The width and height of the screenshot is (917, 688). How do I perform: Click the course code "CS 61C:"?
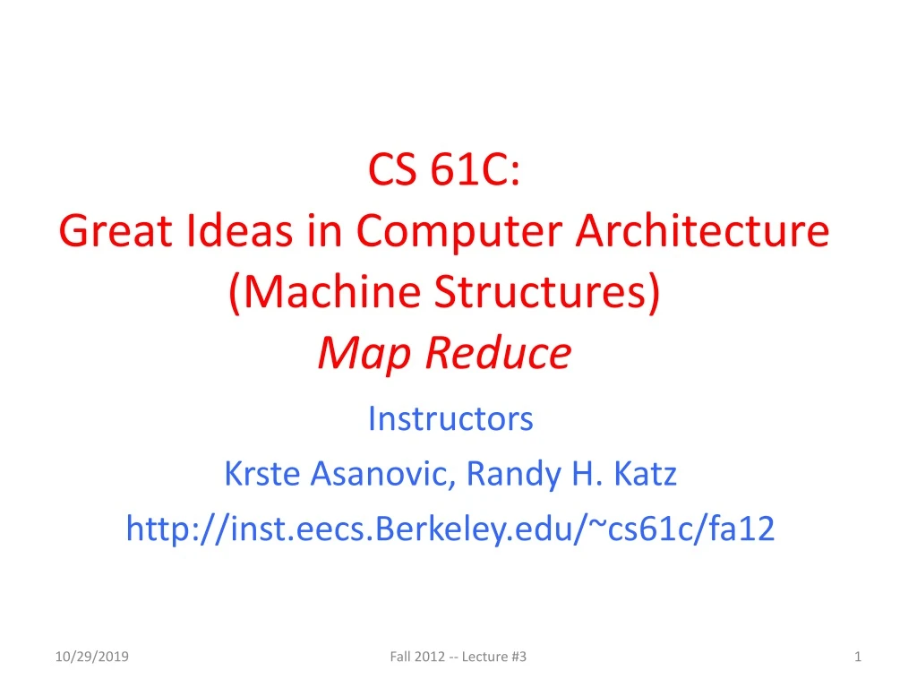(x=445, y=170)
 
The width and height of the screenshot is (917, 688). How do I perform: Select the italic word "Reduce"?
(x=500, y=353)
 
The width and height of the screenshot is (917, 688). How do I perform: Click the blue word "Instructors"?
(x=450, y=417)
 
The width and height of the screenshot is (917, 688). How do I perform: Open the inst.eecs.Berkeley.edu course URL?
(x=450, y=529)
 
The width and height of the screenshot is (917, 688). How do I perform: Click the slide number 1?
(x=858, y=658)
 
